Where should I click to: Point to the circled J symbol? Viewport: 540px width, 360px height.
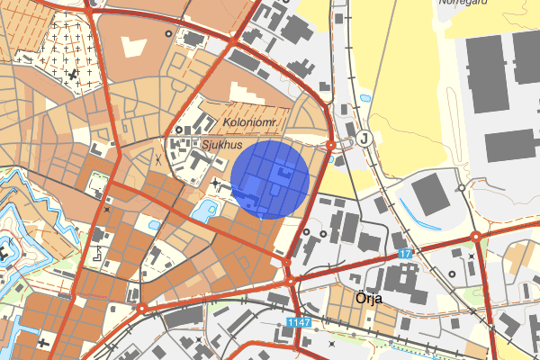[x=364, y=139]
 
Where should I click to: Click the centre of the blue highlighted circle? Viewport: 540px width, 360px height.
[x=271, y=179]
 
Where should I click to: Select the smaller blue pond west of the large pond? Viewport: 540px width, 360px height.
[x=154, y=225]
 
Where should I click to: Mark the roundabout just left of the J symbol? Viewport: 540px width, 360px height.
[x=331, y=143]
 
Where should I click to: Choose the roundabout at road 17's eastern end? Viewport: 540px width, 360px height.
[x=476, y=238]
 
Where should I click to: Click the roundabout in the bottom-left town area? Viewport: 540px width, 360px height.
[x=141, y=309]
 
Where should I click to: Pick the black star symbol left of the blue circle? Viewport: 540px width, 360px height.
[x=216, y=184]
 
